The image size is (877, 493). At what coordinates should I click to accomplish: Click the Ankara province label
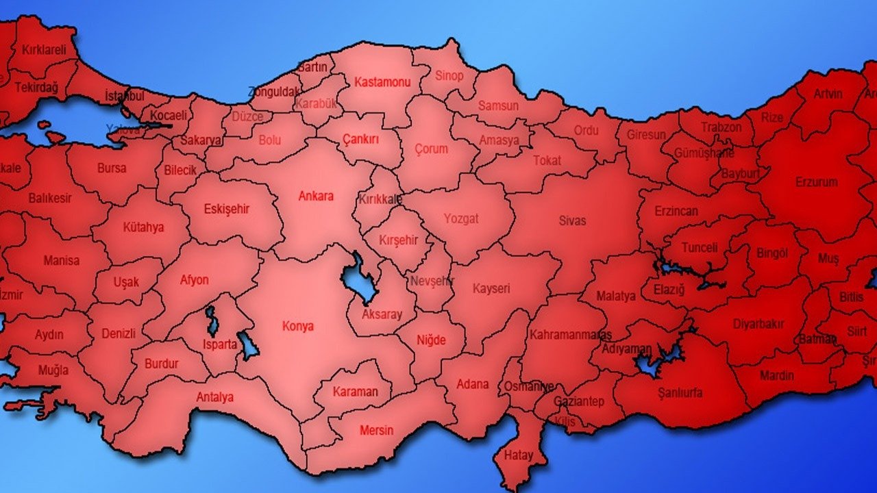316,197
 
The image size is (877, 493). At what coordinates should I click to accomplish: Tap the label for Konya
298,326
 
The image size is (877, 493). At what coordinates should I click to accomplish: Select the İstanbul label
125,96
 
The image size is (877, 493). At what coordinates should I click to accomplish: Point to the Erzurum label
816,182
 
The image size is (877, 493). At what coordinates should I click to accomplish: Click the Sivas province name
572,220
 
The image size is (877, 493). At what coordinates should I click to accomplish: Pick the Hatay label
518,454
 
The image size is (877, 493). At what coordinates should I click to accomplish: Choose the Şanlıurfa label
680,392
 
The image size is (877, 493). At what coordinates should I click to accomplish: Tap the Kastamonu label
382,82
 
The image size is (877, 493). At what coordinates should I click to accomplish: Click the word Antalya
214,397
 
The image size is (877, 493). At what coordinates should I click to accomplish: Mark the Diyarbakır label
758,324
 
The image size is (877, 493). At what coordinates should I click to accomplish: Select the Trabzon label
721,127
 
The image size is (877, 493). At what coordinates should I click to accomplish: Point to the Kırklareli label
44,49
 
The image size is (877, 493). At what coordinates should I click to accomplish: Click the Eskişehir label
227,209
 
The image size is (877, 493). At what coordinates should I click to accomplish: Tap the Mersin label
377,430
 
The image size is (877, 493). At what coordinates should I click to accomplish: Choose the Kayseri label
491,289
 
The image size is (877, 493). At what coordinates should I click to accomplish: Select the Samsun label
498,106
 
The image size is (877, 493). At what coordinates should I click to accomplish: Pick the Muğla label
53,370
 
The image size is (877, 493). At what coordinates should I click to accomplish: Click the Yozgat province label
461,219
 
